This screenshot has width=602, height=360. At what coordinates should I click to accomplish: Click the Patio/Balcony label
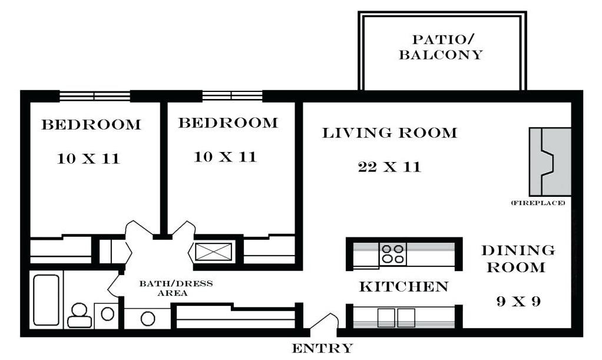441,47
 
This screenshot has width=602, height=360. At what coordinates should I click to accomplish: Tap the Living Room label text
389,133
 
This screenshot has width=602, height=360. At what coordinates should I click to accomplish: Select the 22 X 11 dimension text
389,167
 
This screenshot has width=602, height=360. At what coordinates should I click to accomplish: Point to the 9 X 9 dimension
518,301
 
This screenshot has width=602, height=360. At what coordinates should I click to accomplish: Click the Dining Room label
518,259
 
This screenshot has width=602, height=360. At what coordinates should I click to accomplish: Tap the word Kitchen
404,286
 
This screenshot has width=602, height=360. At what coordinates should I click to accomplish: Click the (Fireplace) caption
538,203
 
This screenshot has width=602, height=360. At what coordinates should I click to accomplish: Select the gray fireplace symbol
550,162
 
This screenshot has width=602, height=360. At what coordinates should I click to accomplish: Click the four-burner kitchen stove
393,254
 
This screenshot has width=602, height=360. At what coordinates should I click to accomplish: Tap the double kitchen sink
396,318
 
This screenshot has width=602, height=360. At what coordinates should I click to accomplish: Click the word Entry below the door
322,348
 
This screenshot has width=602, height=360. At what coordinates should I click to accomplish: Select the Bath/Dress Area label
176,288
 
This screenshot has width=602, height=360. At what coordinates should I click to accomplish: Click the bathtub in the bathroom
46,300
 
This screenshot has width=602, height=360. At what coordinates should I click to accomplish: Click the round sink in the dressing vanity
148,319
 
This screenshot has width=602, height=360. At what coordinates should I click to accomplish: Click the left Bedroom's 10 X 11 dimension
88,158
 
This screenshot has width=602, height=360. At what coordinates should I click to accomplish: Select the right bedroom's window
232,95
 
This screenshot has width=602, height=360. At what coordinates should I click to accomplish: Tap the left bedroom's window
95,95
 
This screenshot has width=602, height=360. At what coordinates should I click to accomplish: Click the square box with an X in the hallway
213,252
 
